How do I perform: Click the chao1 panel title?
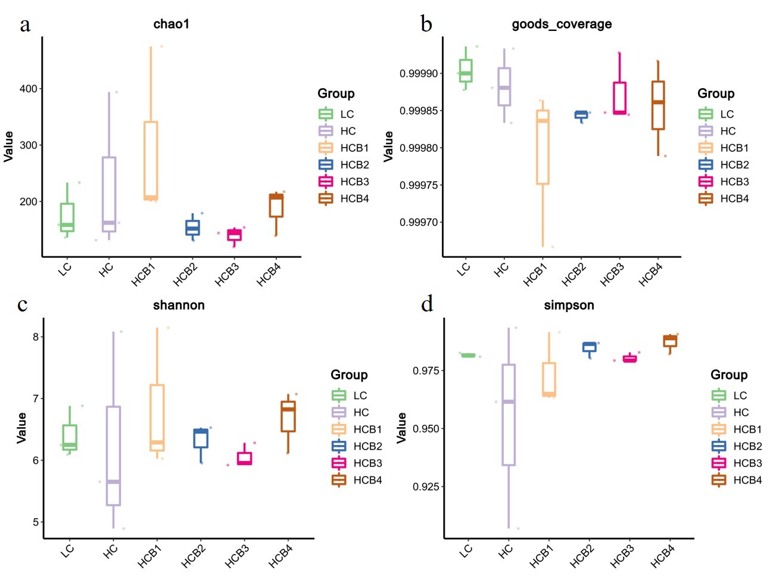click(171, 24)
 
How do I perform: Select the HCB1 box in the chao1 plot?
click(151, 161)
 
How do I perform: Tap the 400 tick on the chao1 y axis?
click(29, 89)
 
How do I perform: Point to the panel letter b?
click(426, 24)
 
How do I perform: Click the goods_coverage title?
click(562, 24)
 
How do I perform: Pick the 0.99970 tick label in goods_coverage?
click(419, 222)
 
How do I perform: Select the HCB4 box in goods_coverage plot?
click(658, 105)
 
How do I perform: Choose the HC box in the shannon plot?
click(113, 456)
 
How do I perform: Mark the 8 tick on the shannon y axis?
click(36, 337)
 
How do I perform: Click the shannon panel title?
click(179, 306)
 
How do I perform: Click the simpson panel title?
click(569, 306)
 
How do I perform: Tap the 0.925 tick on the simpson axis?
click(426, 487)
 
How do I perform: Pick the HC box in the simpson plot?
click(509, 415)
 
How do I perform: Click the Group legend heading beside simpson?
click(728, 375)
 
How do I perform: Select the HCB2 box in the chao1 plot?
click(193, 228)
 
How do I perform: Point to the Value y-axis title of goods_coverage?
click(388, 147)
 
